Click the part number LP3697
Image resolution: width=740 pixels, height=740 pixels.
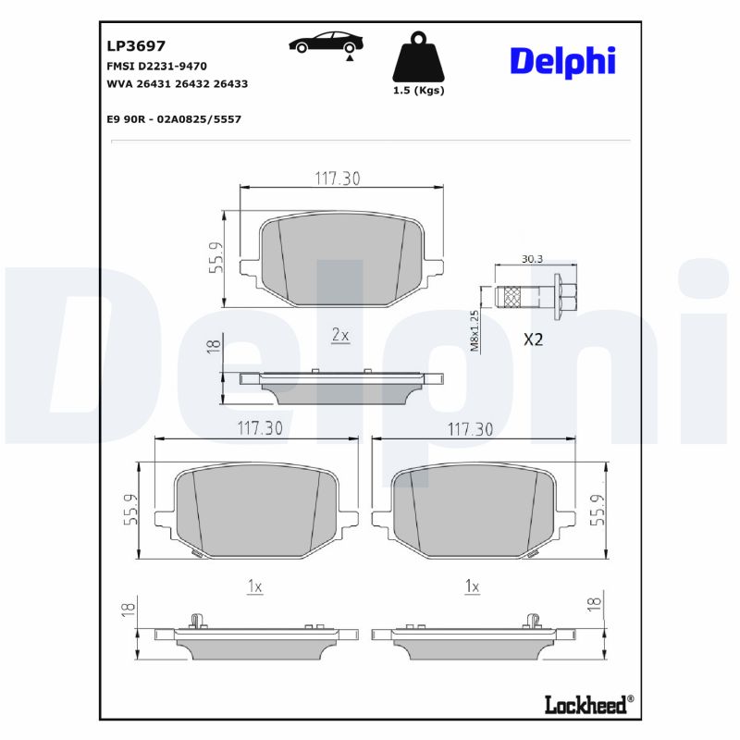pos(136,44)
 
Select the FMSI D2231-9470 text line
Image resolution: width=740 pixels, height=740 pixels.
pos(157,66)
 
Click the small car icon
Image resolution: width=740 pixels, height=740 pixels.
pos(324,43)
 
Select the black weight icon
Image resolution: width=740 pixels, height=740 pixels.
pos(418,57)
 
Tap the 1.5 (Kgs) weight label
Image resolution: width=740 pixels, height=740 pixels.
pos(418,91)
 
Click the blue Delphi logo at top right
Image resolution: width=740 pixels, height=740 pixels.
pos(561,61)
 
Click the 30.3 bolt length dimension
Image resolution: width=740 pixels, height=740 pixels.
pos(532,259)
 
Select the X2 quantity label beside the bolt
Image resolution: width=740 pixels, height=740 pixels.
pos(533,339)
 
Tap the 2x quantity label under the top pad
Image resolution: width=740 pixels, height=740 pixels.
pos(339,335)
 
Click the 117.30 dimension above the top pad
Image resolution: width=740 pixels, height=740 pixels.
pos(338,179)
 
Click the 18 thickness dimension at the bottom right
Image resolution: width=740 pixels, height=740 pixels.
pos(594,603)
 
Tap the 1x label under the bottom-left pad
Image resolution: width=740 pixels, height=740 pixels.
pos(255,586)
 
